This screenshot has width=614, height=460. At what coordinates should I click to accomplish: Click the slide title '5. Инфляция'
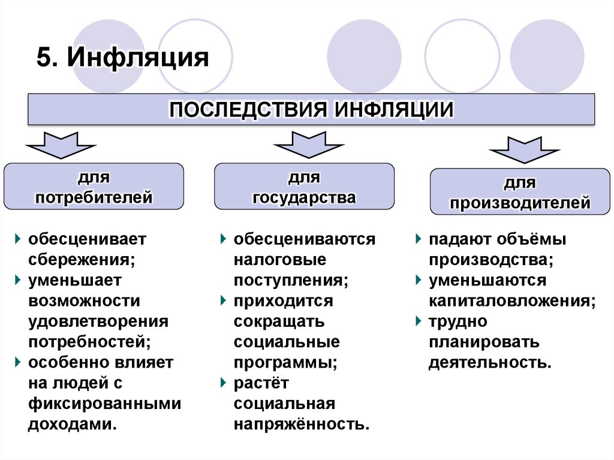(122, 59)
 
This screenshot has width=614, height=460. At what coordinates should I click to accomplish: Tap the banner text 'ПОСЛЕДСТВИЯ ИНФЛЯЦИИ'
(311, 110)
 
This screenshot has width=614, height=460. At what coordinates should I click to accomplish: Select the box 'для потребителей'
(94, 187)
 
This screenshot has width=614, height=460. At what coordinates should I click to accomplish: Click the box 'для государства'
(304, 187)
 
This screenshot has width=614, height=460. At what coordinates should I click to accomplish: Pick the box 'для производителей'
(520, 192)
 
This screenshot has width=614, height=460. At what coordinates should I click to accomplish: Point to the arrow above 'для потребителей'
(60, 143)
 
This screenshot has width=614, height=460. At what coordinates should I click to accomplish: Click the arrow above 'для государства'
(308, 143)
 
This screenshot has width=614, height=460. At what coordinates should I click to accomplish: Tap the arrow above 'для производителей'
(524, 149)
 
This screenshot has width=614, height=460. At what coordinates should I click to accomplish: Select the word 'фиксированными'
(104, 403)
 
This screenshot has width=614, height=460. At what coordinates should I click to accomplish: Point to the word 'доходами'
(71, 423)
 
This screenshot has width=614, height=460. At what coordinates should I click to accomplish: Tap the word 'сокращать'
(279, 321)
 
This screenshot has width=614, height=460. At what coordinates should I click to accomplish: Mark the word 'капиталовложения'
(511, 300)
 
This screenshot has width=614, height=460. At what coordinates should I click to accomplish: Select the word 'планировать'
(483, 342)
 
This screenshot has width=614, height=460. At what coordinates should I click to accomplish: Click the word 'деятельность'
(489, 362)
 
